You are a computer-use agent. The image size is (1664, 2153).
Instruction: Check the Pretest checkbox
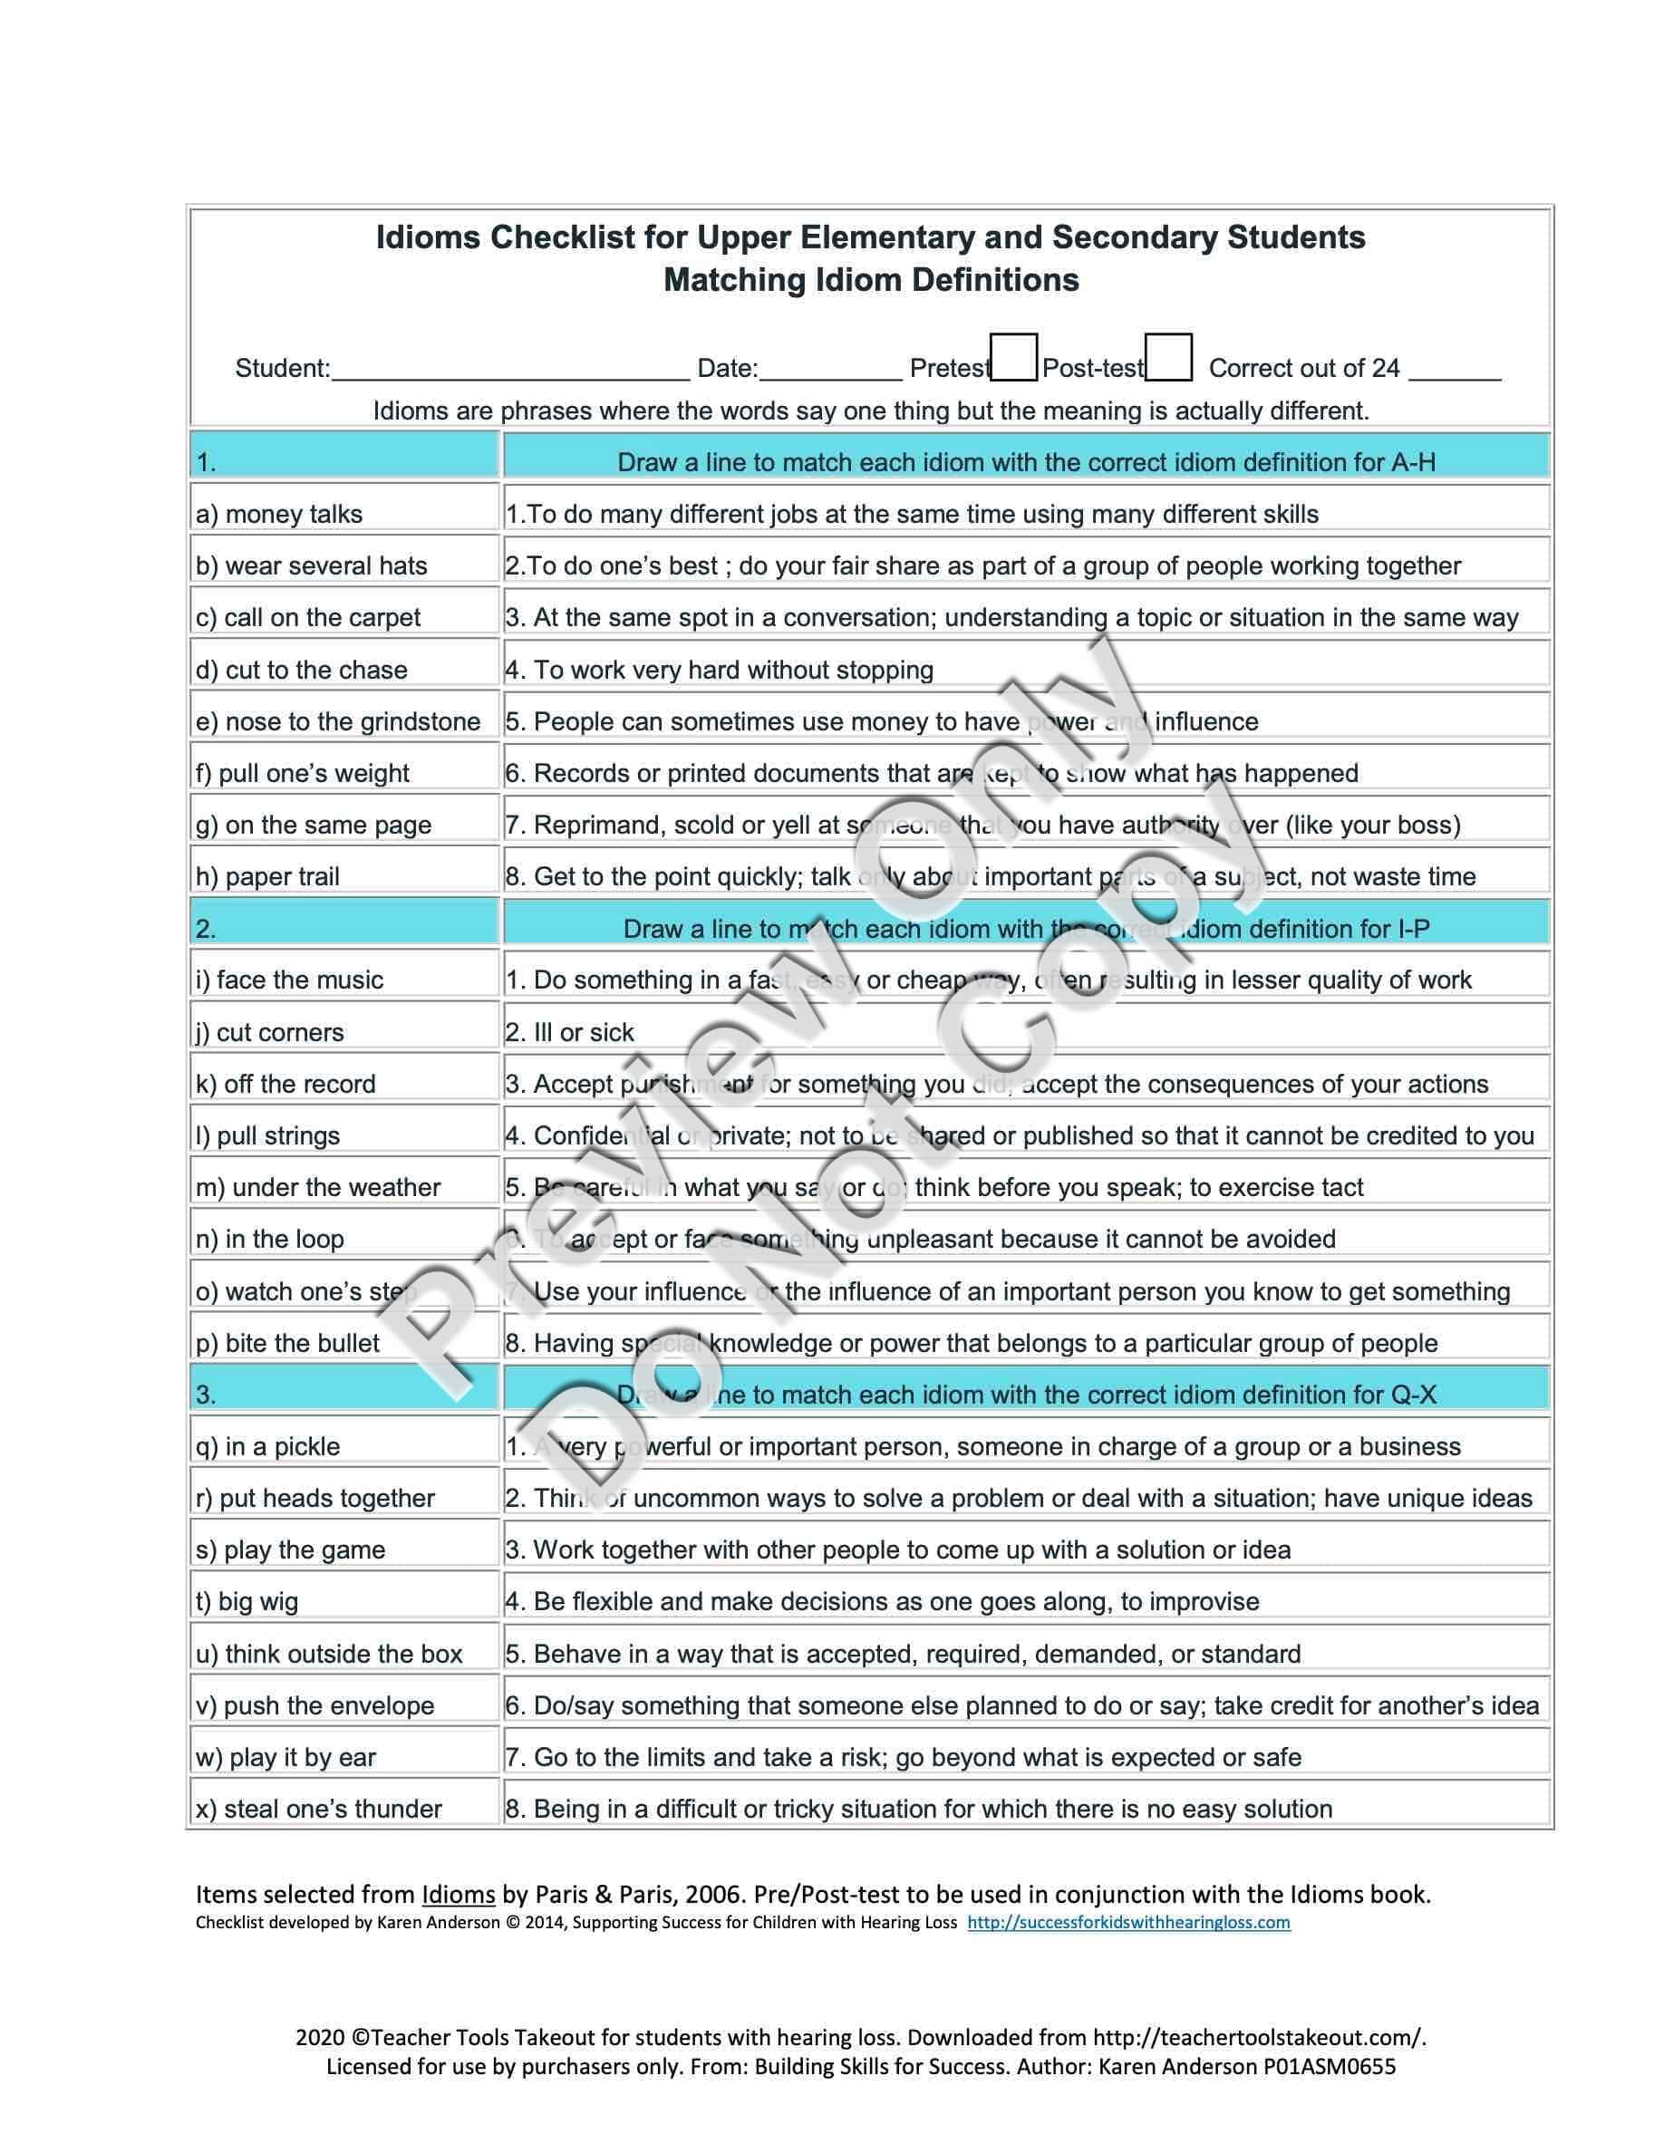click(1014, 358)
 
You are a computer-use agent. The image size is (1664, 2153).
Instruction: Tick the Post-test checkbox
click(1169, 358)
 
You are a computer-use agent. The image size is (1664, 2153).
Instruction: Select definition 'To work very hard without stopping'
click(733, 671)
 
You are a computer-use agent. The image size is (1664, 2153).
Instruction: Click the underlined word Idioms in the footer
click(459, 1895)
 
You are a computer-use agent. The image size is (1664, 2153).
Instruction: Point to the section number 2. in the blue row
click(205, 929)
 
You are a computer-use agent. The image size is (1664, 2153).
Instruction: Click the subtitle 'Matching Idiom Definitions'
click(872, 280)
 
